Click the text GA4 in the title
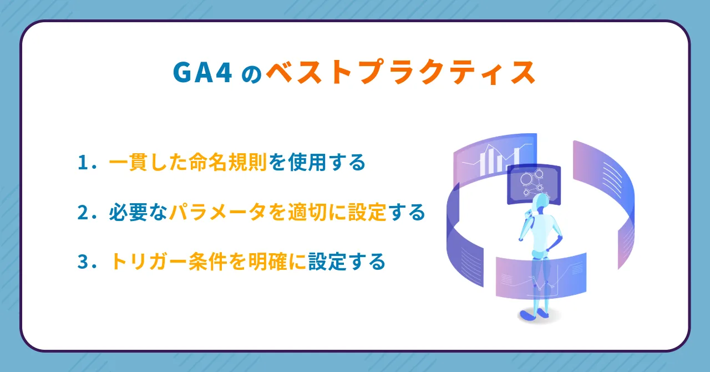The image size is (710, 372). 202,72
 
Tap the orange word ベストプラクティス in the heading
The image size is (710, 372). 400,72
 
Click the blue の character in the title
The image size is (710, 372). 252,75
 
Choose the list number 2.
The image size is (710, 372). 83,212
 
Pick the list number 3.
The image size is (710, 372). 83,262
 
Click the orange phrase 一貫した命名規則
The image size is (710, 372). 187,162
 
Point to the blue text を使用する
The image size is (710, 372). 317,162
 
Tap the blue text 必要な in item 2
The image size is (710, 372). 138,212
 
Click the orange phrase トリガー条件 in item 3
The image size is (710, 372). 168,262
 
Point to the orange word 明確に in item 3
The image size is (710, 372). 277,262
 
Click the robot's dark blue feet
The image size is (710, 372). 534,315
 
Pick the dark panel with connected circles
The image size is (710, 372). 534,184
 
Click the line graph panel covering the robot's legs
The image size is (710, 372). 541,276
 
